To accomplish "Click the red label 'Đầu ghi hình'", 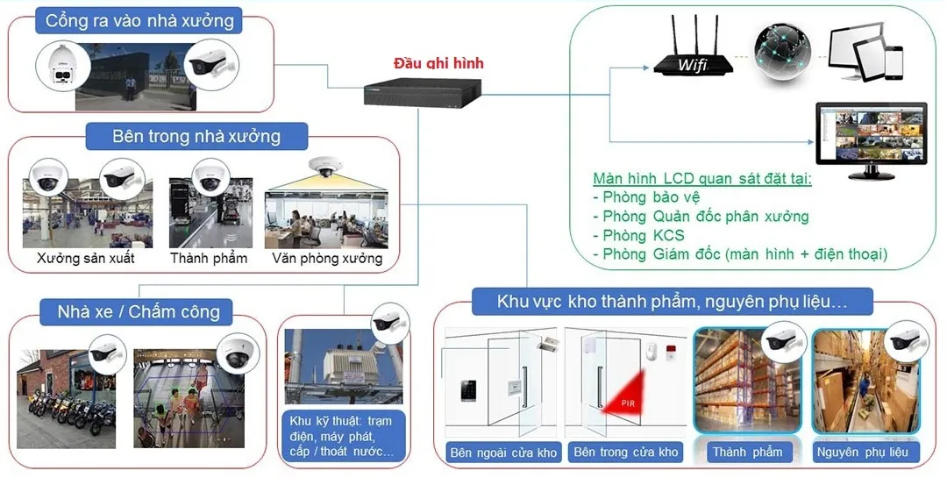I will point(438,63).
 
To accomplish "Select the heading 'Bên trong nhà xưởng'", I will point(196,137).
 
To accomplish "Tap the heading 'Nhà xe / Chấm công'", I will point(132,311).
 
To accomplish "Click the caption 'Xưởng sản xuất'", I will point(85,259).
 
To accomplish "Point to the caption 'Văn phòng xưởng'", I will point(327,259).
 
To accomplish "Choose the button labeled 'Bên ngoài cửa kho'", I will point(503,453).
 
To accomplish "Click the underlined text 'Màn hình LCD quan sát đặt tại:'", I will point(701,178).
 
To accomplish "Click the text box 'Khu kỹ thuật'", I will point(341,436).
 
